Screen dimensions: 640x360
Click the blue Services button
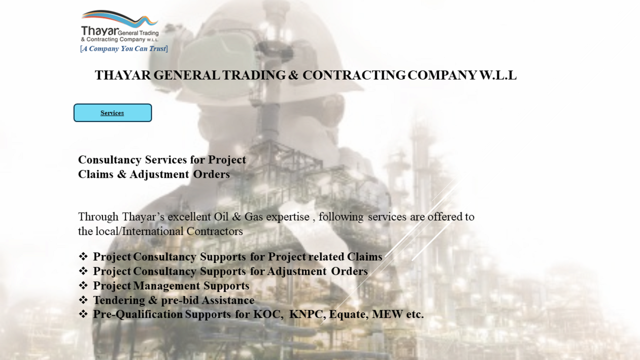pyautogui.click(x=113, y=113)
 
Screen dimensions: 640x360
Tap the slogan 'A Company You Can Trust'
pyautogui.click(x=124, y=49)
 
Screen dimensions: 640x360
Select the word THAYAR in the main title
pyautogui.click(x=123, y=75)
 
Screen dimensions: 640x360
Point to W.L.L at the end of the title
pyautogui.click(x=498, y=75)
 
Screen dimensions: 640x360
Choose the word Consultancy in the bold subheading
pyautogui.click(x=110, y=160)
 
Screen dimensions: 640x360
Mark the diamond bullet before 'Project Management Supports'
pyautogui.click(x=83, y=285)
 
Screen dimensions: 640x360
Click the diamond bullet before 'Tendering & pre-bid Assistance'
pyautogui.click(x=83, y=300)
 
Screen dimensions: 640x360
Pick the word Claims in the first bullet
pyautogui.click(x=364, y=256)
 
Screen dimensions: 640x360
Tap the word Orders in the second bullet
pyautogui.click(x=349, y=271)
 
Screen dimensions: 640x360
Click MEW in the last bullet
pyautogui.click(x=387, y=314)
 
